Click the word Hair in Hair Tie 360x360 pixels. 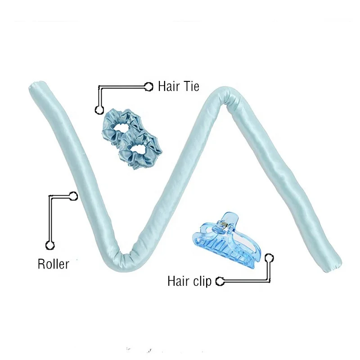pyautogui.click(x=167, y=86)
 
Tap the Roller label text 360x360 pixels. pyautogui.click(x=53, y=264)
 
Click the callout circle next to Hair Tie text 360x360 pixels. pyautogui.click(x=149, y=87)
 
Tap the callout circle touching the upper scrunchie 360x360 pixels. pyautogui.click(x=99, y=110)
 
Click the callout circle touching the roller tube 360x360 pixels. pyautogui.click(x=73, y=196)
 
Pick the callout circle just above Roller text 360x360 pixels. pyautogui.click(x=50, y=245)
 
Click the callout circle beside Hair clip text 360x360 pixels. pyautogui.click(x=220, y=281)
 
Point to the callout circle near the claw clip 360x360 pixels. pyautogui.click(x=269, y=258)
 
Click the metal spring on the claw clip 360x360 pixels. pyautogui.click(x=223, y=224)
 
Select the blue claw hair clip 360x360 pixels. pyautogui.click(x=227, y=240)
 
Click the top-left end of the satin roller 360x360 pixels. pyautogui.click(x=37, y=86)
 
